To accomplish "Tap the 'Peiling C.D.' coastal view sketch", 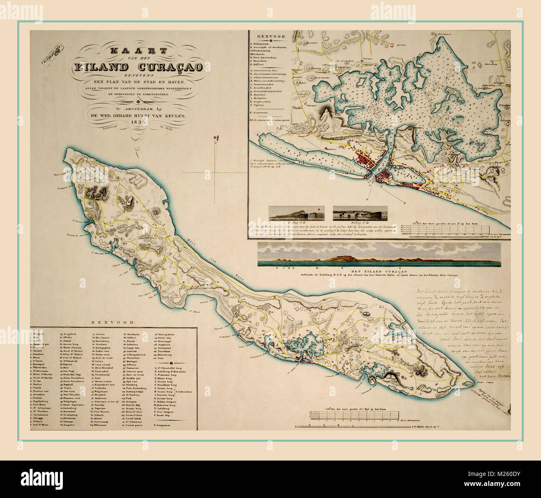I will point(360,213).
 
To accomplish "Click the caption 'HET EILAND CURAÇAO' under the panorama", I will point(379,271).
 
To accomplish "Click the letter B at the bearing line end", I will point(405,202).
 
